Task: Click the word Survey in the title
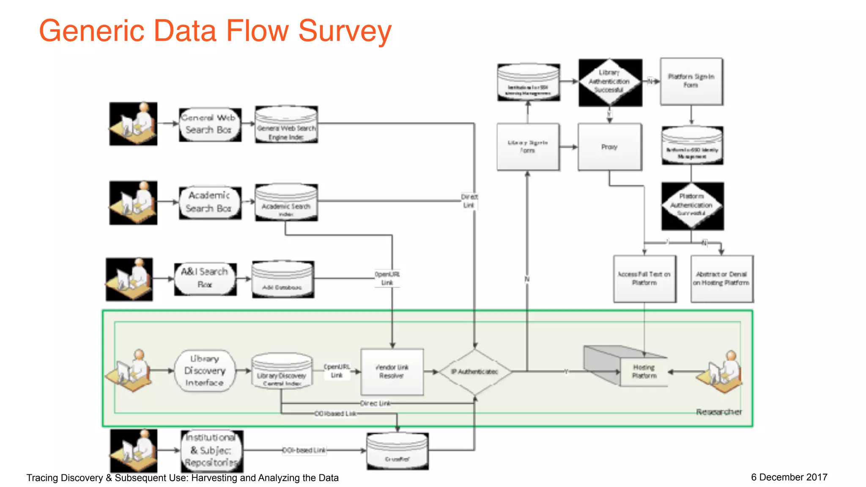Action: [x=345, y=31]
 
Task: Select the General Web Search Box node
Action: [x=209, y=124]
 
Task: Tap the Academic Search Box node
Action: [x=209, y=202]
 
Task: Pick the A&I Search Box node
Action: [x=205, y=279]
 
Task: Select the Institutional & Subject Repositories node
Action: [x=212, y=451]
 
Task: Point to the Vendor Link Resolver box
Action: [x=392, y=372]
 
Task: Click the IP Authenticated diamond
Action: [x=475, y=372]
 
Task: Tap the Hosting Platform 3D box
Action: [x=634, y=368]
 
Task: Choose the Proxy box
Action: [x=609, y=147]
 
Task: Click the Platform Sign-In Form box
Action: [x=691, y=81]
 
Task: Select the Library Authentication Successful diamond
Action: [x=609, y=82]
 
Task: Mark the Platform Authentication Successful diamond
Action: [x=692, y=205]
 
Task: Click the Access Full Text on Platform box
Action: [x=644, y=279]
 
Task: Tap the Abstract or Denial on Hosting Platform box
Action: [x=721, y=279]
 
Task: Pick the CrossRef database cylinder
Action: [x=397, y=451]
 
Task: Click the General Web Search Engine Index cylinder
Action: [x=286, y=125]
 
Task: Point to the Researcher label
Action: [x=718, y=412]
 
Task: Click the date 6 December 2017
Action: [x=789, y=477]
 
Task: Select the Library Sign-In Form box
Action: [x=528, y=147]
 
